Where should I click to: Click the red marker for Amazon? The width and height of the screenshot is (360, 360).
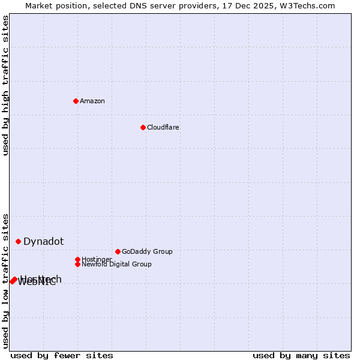[x=76, y=101]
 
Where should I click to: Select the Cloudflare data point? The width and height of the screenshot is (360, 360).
[x=143, y=127]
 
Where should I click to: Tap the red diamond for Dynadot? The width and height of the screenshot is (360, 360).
[x=19, y=241]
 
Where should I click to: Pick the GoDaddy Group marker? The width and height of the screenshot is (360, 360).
[x=118, y=251]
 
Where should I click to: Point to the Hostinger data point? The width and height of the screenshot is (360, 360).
[x=77, y=259]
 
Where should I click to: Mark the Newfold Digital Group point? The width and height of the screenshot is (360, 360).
[x=77, y=264]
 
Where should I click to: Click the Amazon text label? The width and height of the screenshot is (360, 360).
[x=92, y=101]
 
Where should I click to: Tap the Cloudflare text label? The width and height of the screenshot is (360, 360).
[x=163, y=127]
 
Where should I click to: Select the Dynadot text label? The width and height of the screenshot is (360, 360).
[x=44, y=241]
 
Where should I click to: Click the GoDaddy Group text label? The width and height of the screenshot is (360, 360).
[x=147, y=251]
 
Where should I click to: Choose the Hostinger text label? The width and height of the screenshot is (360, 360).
[x=97, y=259]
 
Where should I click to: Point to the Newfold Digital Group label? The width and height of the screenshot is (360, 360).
[x=116, y=264]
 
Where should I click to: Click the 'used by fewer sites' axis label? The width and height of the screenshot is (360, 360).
[x=62, y=355]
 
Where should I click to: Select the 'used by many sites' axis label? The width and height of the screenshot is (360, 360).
[x=301, y=355]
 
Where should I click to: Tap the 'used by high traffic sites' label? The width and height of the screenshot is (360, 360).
[x=5, y=85]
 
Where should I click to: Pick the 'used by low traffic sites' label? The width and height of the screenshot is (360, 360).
[x=5, y=281]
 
